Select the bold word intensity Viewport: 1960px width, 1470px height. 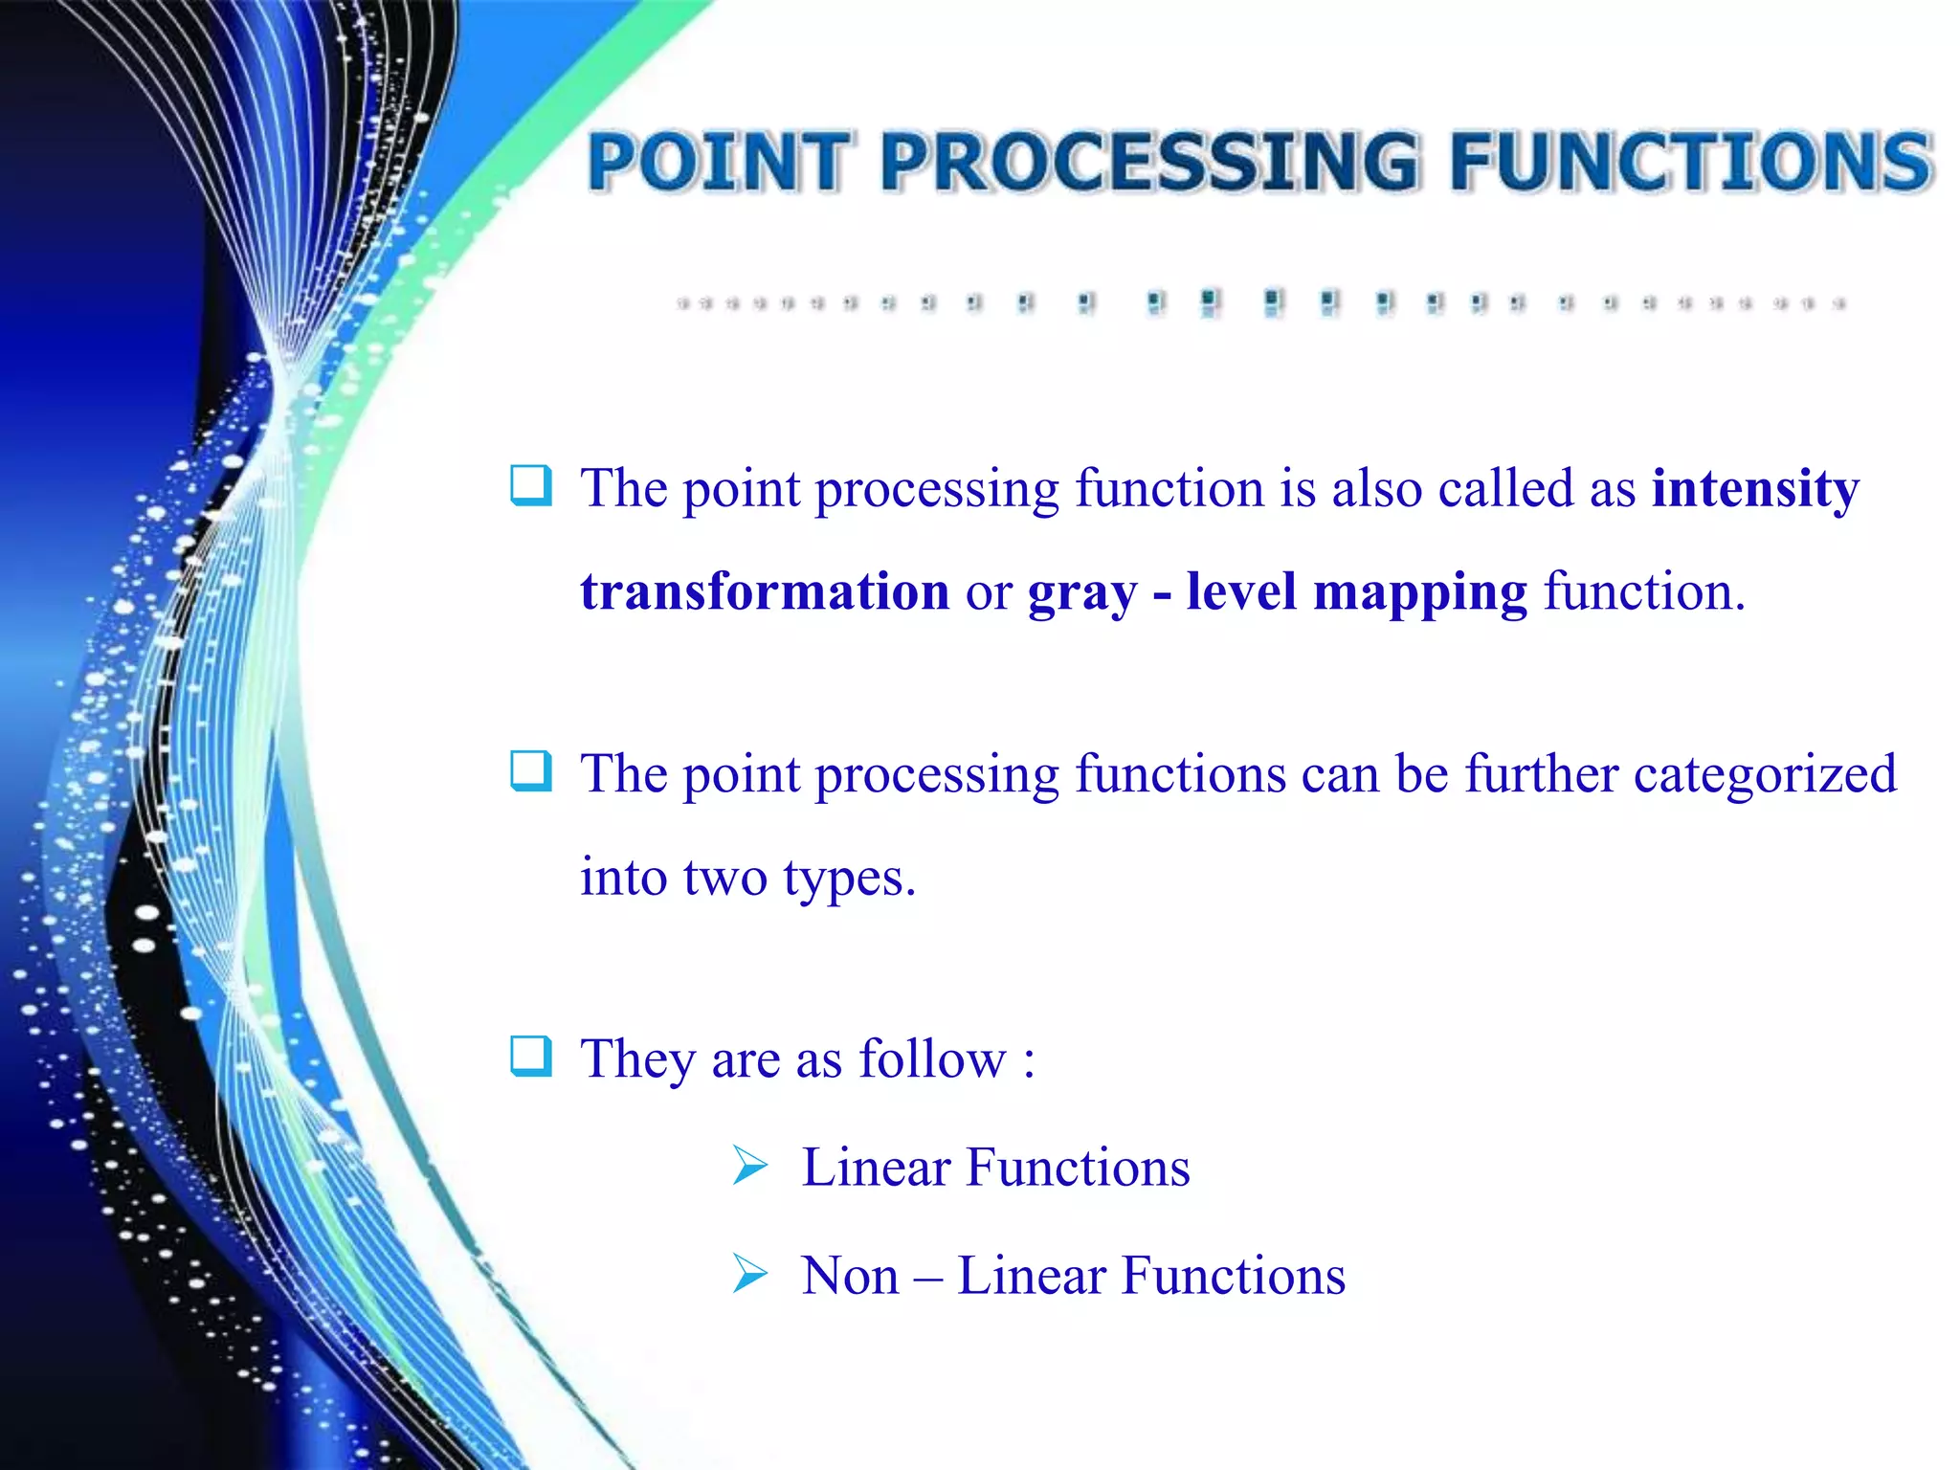tap(1755, 488)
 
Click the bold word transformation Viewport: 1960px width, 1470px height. tap(765, 591)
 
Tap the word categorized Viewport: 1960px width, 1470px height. tap(1765, 773)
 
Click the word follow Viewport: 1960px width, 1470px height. tap(931, 1058)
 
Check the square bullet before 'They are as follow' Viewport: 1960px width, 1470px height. tap(531, 1057)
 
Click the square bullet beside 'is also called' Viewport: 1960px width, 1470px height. tap(531, 485)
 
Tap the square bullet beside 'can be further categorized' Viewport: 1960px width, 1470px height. tap(531, 771)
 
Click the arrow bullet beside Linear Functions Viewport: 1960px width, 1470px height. tap(750, 1166)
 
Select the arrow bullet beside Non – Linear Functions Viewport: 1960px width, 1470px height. tap(750, 1274)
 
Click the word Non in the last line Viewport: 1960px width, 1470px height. tap(850, 1276)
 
